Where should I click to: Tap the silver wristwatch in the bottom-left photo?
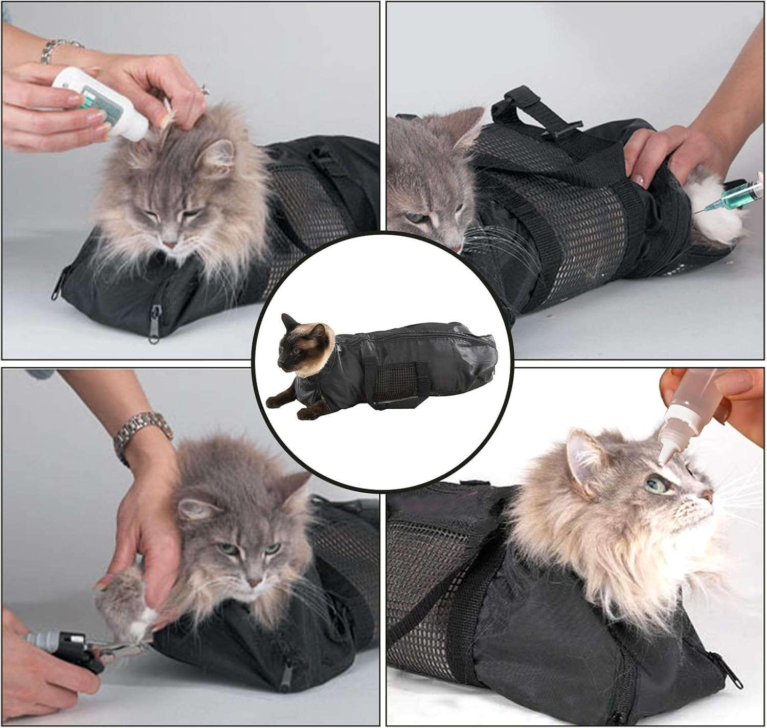pos(143,433)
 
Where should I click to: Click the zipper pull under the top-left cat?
pos(153,333)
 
